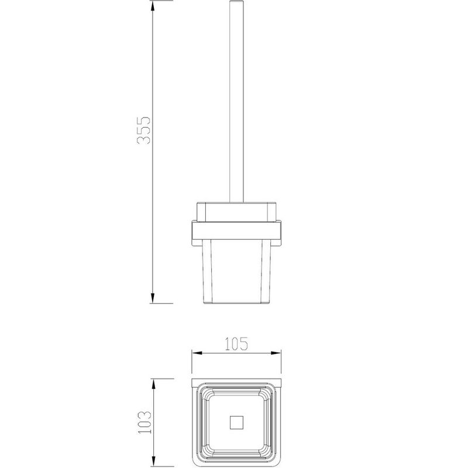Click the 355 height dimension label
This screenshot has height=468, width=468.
143,130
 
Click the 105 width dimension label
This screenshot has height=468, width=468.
236,344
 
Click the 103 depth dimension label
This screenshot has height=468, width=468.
144,422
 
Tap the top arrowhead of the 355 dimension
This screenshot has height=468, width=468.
153,6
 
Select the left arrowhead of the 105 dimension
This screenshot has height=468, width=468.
197,353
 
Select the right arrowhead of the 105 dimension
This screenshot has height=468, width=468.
276,353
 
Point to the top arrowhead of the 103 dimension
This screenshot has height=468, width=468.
154,384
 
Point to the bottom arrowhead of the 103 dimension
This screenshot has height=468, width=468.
154,461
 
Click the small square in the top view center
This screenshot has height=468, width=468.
237,422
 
